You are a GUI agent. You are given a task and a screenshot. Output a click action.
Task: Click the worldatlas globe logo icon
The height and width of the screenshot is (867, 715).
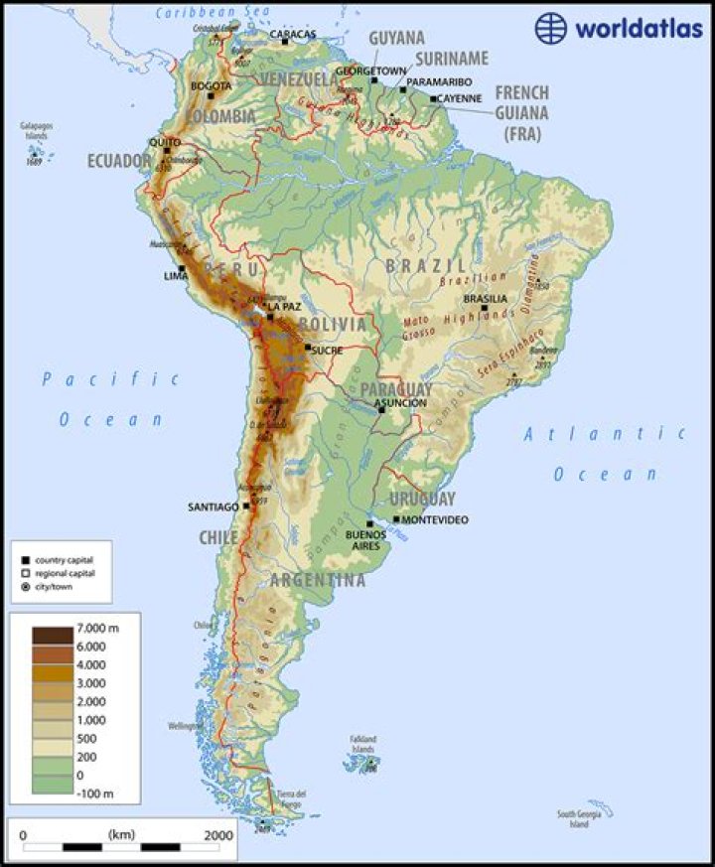(552, 27)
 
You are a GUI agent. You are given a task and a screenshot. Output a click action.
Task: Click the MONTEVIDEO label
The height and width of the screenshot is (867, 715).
(435, 520)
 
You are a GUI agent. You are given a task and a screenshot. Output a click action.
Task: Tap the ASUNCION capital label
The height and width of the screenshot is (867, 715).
(401, 403)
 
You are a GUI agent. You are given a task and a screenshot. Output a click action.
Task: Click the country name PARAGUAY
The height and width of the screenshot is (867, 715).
(396, 388)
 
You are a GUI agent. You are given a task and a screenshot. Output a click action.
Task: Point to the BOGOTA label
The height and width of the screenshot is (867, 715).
(211, 85)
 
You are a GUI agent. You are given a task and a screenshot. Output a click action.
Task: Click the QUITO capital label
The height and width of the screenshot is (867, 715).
(164, 142)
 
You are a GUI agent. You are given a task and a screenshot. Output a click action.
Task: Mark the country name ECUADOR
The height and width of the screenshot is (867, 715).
(118, 161)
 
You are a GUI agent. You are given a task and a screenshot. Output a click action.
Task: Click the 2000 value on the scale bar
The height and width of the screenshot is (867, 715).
(218, 834)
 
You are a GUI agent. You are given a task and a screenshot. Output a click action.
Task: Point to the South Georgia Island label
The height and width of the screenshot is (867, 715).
(579, 818)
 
